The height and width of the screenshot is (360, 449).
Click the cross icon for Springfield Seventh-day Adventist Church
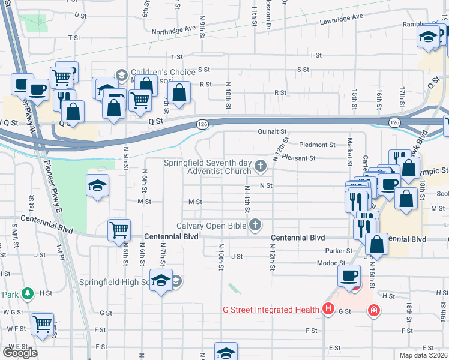pos(261,166)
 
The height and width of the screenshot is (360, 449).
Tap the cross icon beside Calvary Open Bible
pos(255,226)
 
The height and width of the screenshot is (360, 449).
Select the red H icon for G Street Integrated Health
pos(328,310)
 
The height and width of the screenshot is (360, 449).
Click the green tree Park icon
pos(27,294)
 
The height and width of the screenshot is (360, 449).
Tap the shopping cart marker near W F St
pos(42,323)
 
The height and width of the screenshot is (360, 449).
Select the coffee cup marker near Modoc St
pos(349,275)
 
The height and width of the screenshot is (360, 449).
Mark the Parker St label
pos(339,251)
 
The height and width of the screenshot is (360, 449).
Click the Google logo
pos(19,353)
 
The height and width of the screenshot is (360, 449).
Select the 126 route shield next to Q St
pos(202,124)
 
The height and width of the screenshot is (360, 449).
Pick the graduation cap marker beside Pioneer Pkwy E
pos(97,185)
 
